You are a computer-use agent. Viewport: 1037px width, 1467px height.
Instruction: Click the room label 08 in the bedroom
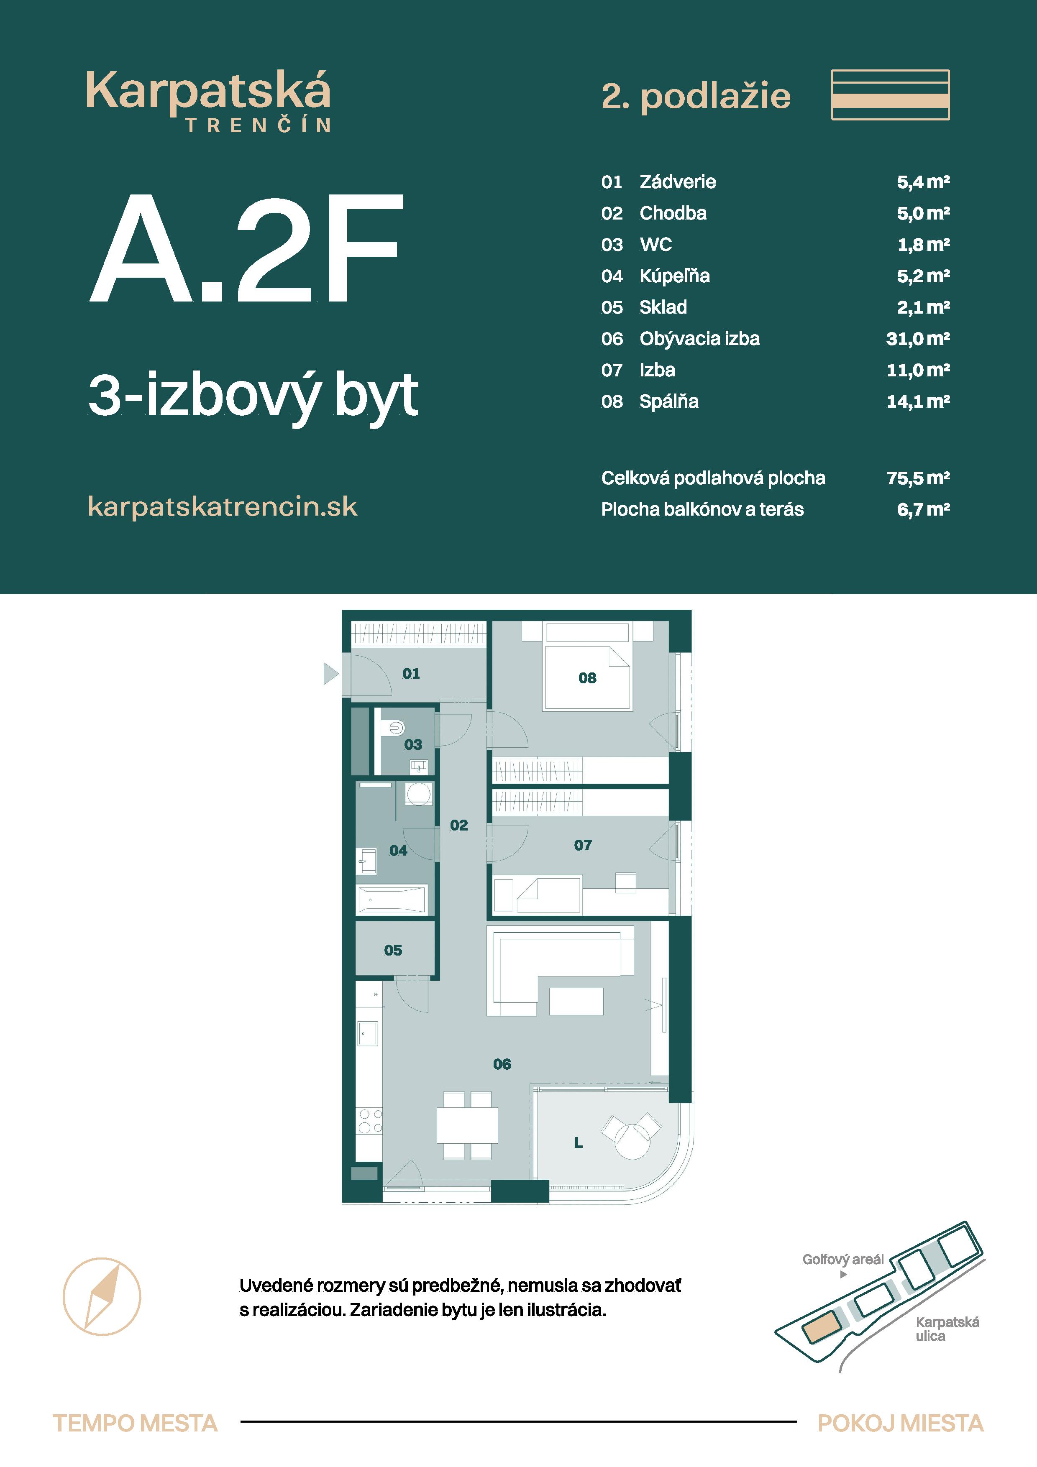587,678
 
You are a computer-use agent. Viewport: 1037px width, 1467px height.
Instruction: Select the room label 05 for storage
393,950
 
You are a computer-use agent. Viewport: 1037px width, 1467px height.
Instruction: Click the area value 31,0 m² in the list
917,339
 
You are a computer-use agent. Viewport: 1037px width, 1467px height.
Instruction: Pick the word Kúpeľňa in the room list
675,276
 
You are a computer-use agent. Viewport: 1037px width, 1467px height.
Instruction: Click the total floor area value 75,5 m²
917,478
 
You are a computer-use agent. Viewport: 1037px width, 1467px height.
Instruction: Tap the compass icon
102,1296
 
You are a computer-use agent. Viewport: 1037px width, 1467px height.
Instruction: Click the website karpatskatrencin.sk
223,507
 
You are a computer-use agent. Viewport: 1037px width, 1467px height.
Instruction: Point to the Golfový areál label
843,1259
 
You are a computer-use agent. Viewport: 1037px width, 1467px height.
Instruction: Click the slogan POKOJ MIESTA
900,1424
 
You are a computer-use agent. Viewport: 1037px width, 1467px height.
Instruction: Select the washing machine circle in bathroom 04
418,794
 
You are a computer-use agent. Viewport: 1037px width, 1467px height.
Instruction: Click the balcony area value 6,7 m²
923,509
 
